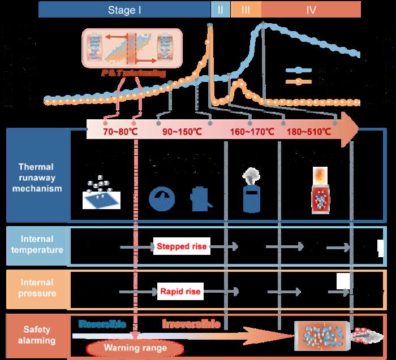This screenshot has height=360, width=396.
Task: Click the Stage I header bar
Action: [124, 10]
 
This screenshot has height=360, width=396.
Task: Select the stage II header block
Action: [220, 10]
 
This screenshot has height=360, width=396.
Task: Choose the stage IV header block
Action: [312, 10]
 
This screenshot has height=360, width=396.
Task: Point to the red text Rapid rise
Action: [178, 292]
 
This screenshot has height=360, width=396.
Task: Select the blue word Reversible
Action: [98, 324]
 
